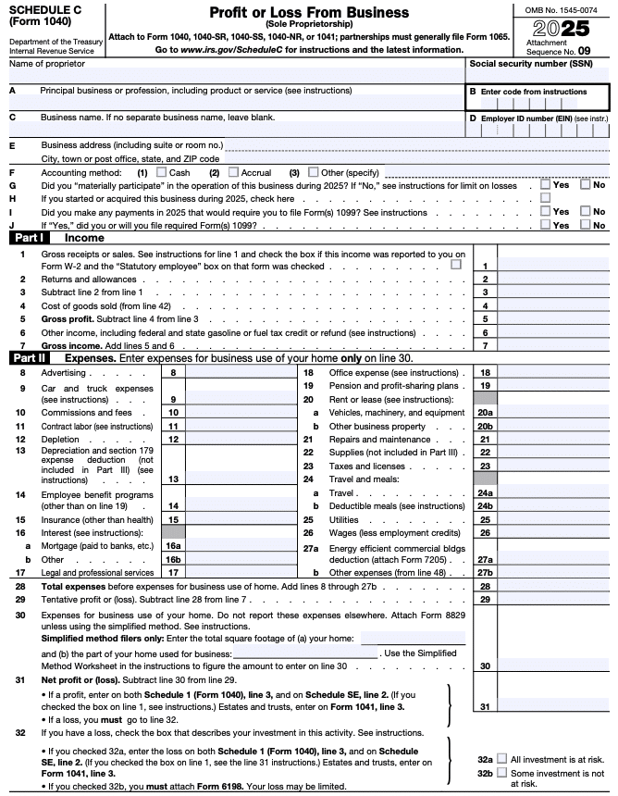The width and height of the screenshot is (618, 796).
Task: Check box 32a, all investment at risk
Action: (501, 757)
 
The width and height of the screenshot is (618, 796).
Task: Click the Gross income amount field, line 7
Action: (553, 345)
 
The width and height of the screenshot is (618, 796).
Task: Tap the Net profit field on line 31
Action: (553, 707)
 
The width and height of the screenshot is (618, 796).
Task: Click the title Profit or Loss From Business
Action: (308, 12)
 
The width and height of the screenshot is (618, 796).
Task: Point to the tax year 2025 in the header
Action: (564, 27)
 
